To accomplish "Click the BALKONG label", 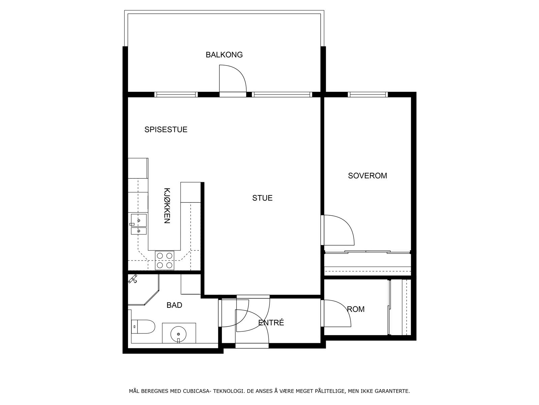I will pyautogui.click(x=224, y=55).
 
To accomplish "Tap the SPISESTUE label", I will pyautogui.click(x=166, y=130).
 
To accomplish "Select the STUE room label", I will pyautogui.click(x=262, y=198).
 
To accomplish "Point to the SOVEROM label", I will pyautogui.click(x=367, y=176).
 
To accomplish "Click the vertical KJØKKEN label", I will pyautogui.click(x=167, y=206).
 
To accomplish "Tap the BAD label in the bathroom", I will pyautogui.click(x=174, y=305).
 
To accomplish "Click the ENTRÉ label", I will pyautogui.click(x=271, y=323).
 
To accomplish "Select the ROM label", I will pyautogui.click(x=356, y=309).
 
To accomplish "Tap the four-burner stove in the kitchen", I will pyautogui.click(x=165, y=261).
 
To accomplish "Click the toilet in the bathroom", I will pyautogui.click(x=143, y=327).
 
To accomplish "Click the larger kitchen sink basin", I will pyautogui.click(x=139, y=220).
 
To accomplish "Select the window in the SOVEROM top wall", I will pyautogui.click(x=368, y=94).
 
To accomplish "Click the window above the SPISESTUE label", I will pyautogui.click(x=176, y=94).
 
